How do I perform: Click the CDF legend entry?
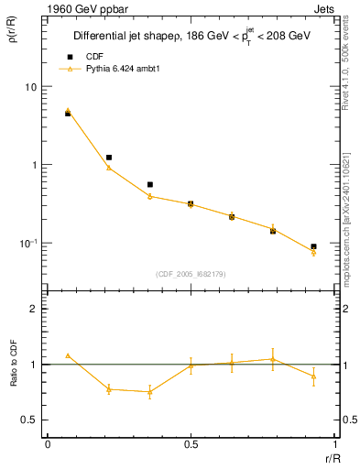pos(91,57)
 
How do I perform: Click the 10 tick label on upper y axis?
pos(31,86)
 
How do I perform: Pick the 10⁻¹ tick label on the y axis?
pos(29,243)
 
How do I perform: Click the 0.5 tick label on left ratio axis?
pos(31,420)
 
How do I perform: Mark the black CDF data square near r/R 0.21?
pos(109,158)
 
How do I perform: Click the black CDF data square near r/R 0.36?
pos(149,184)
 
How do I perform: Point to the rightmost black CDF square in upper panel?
pos(313,246)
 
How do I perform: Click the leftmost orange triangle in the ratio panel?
pos(68,355)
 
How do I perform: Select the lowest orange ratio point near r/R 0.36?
pos(149,392)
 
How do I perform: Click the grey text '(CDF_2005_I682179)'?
pos(191,273)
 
